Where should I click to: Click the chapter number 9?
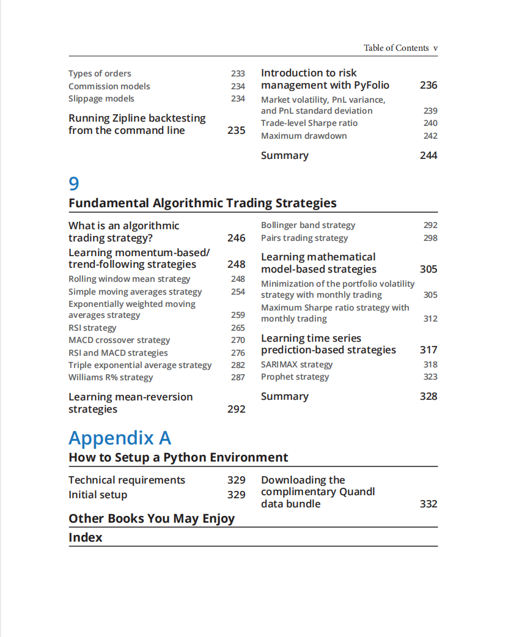[x=74, y=183]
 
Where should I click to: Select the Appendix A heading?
[x=120, y=438]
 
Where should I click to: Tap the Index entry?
[x=86, y=537]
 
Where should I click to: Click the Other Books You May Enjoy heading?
[x=152, y=518]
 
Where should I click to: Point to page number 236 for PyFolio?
[x=428, y=85]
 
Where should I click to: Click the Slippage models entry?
[x=101, y=98]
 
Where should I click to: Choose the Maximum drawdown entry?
[x=304, y=136]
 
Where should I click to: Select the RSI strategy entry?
[x=92, y=328]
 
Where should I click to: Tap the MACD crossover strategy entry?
[x=119, y=340]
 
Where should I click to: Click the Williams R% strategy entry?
[x=111, y=377]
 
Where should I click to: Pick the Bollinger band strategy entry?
[x=308, y=225]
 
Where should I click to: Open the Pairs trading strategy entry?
[x=304, y=238]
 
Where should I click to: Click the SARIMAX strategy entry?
[x=297, y=364]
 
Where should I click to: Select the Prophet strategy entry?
[x=295, y=377]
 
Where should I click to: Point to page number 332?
[x=428, y=504]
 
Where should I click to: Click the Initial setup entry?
[x=98, y=495]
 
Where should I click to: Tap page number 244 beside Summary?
[x=428, y=155]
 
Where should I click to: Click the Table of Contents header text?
[x=396, y=48]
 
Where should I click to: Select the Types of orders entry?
[x=100, y=73]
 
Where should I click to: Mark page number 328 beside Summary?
[x=428, y=396]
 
